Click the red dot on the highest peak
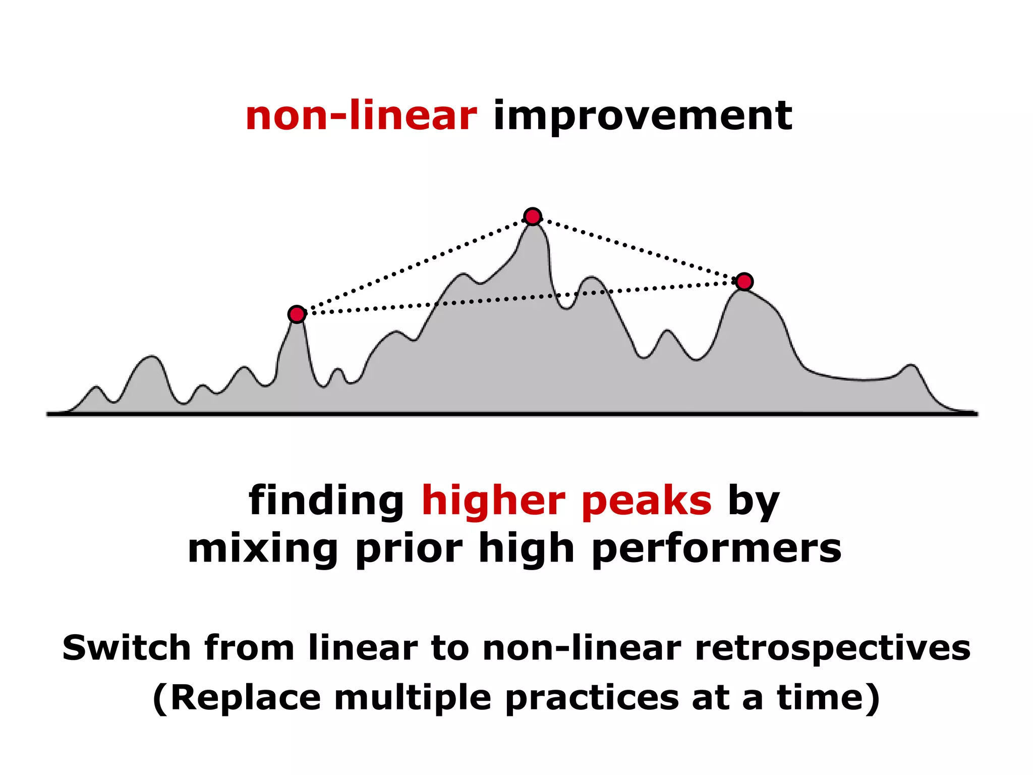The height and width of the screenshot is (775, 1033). [x=533, y=216]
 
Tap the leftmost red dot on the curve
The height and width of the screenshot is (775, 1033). [x=297, y=314]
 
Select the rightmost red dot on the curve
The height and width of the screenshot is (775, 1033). [x=744, y=282]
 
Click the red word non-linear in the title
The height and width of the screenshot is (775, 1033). [x=361, y=116]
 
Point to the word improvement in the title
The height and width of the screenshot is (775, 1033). [x=643, y=117]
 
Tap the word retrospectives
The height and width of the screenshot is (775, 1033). [x=833, y=648]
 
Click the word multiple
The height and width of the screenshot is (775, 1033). [x=413, y=699]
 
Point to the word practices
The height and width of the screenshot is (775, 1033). [x=592, y=699]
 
